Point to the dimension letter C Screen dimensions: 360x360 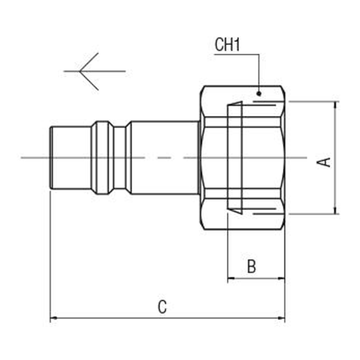click(163, 307)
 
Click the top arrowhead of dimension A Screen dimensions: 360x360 click(335, 104)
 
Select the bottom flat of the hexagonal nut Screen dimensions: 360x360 click(243, 228)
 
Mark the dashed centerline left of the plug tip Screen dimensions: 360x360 click(32, 157)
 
